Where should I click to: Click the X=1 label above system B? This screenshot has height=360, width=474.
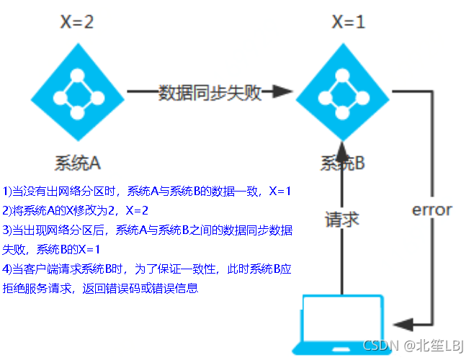pyautogui.click(x=348, y=22)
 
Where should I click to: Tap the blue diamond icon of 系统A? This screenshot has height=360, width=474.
pyautogui.click(x=76, y=93)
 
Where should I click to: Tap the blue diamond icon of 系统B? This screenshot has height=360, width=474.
pyautogui.click(x=347, y=93)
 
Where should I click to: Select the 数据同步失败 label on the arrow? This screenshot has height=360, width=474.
pyautogui.click(x=210, y=93)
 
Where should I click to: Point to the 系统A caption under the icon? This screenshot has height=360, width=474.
pyautogui.click(x=76, y=163)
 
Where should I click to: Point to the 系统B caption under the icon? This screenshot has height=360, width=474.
pyautogui.click(x=343, y=163)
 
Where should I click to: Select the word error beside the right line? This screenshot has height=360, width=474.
pyautogui.click(x=431, y=210)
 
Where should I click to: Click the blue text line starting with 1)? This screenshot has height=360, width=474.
pyautogui.click(x=147, y=192)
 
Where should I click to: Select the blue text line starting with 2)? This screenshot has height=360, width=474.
pyautogui.click(x=76, y=211)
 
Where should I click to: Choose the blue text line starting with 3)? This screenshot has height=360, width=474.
pyautogui.click(x=147, y=230)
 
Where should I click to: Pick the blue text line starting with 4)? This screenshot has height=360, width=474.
pyautogui.click(x=147, y=269)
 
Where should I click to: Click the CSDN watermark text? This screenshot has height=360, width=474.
pyautogui.click(x=413, y=345)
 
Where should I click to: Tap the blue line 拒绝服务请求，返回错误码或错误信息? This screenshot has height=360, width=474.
pyautogui.click(x=100, y=289)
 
